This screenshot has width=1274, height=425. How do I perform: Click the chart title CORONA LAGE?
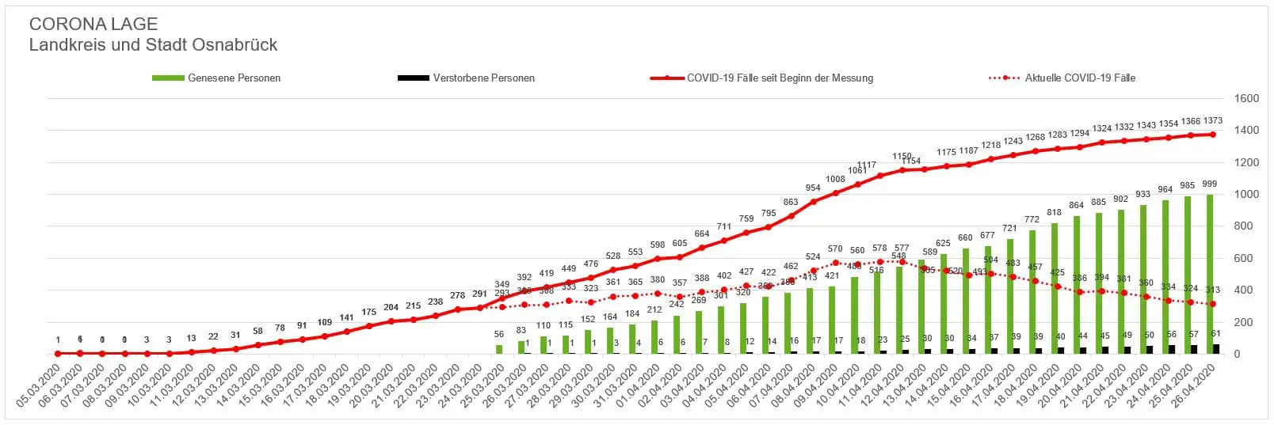pos(93,25)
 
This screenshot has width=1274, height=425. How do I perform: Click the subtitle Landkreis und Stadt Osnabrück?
pos(153,45)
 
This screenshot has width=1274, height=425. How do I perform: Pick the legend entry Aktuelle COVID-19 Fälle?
pos(1080,78)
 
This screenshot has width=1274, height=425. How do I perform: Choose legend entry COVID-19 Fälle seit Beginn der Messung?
pos(780,78)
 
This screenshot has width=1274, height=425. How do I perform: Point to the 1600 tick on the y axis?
pos(1247,99)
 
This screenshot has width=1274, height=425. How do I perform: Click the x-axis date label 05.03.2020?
pos(40,387)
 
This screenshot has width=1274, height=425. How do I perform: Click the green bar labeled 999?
pos(1209,273)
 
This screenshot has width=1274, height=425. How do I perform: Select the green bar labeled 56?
pos(499,349)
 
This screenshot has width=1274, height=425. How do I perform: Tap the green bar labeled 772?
pos(1032,291)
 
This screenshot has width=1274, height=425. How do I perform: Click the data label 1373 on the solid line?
pos(1212,121)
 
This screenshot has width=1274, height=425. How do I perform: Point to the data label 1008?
pos(835,180)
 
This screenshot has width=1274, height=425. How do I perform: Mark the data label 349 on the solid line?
pos(502,284)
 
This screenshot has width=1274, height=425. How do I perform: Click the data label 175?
pos(368,313)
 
